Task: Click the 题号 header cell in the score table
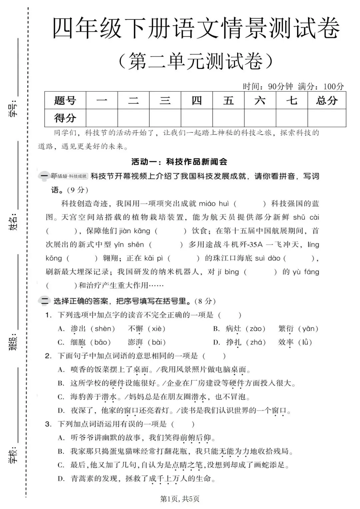[65, 100]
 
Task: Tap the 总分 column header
[326, 100]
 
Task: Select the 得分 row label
[65, 118]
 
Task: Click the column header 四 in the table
[197, 100]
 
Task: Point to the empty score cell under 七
[291, 118]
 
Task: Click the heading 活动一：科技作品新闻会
[179, 162]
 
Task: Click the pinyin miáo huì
[214, 204]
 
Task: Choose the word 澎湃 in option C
[135, 343]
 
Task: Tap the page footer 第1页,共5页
[180, 499]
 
